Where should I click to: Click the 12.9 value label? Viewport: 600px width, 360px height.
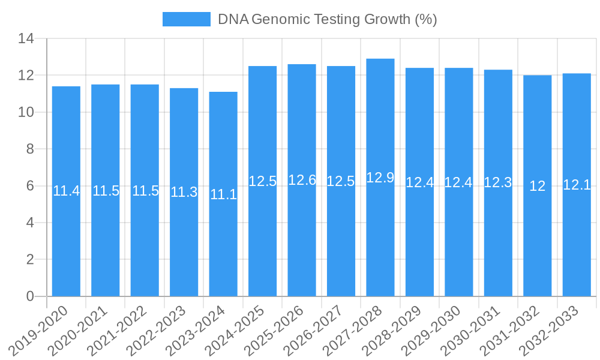pyautogui.click(x=380, y=178)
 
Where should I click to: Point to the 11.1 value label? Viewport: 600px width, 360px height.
pyautogui.click(x=223, y=194)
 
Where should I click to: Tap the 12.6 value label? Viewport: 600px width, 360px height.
pyautogui.click(x=302, y=180)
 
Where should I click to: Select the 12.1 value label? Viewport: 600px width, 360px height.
pyautogui.click(x=577, y=185)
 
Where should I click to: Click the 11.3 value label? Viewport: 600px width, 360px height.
pyautogui.click(x=184, y=193)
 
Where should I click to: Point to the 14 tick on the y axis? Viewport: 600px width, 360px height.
pyautogui.click(x=26, y=39)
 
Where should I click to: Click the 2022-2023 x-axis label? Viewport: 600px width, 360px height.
pyautogui.click(x=165, y=329)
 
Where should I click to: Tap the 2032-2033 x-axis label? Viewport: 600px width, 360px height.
pyautogui.click(x=558, y=329)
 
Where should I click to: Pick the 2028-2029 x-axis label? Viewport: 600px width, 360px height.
pyautogui.click(x=401, y=329)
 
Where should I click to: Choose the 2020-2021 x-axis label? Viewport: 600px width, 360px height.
pyautogui.click(x=86, y=329)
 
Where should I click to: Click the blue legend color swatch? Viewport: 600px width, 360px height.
pyautogui.click(x=187, y=19)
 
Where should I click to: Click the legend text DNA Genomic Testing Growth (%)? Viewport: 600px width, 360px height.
pyautogui.click(x=327, y=19)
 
